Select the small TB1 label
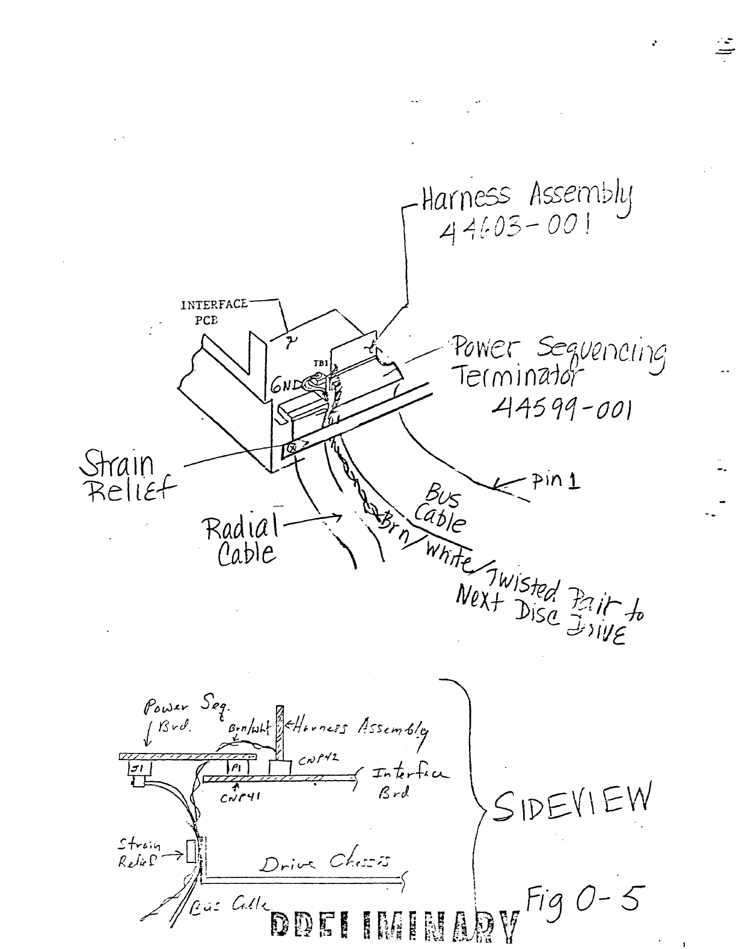320,363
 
